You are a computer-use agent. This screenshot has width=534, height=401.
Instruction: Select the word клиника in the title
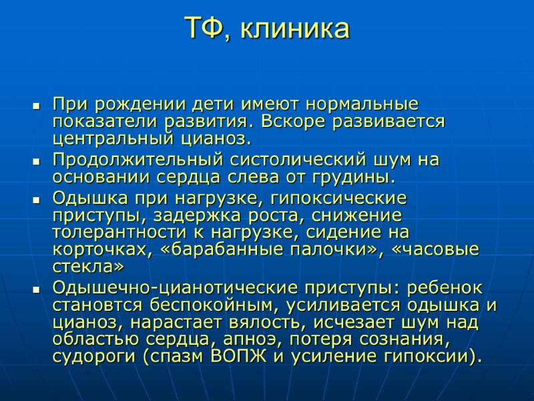[294, 29]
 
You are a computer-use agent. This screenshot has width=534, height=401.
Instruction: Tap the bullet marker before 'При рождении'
[36, 106]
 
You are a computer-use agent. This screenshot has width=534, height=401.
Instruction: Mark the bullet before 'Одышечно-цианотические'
[36, 289]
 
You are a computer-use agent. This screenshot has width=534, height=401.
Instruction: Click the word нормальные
[361, 106]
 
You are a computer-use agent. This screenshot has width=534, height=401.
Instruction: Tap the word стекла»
[88, 267]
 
